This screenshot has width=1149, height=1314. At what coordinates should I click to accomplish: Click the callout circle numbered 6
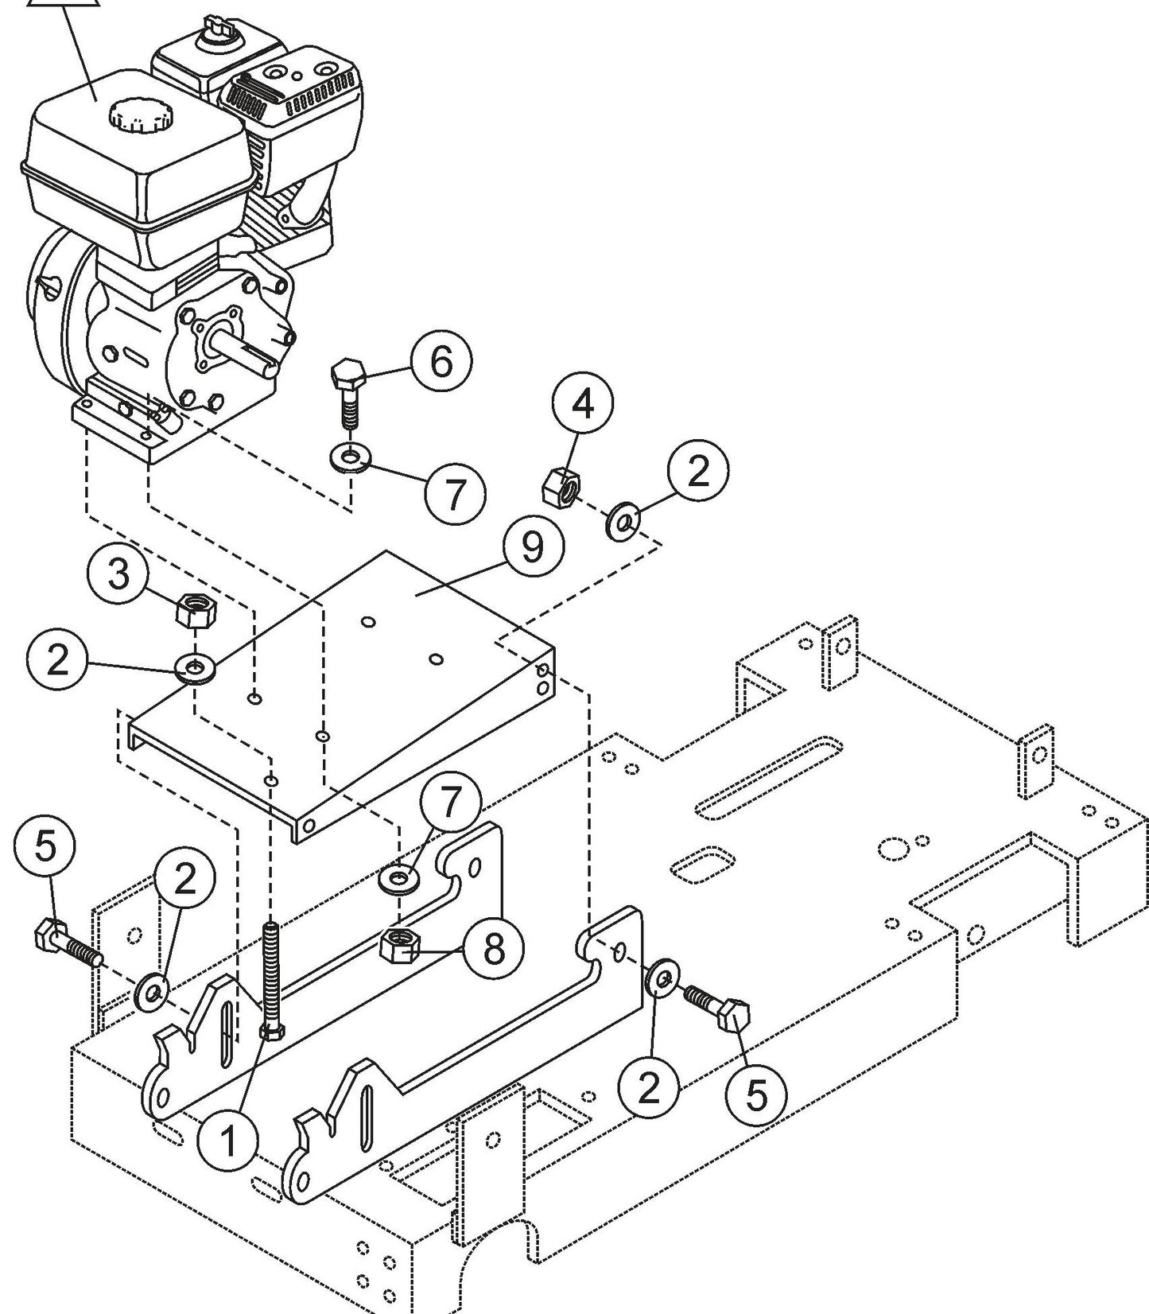(441, 362)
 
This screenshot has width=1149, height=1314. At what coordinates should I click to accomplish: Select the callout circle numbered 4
(584, 405)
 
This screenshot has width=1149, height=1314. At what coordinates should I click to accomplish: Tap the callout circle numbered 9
(533, 548)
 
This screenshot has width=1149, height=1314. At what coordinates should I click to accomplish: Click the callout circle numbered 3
(118, 573)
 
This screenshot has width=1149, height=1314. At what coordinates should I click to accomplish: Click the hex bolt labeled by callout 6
(347, 391)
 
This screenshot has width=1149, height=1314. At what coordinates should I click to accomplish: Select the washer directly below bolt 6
(350, 458)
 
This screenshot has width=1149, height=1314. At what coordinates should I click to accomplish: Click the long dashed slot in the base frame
(767, 776)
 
